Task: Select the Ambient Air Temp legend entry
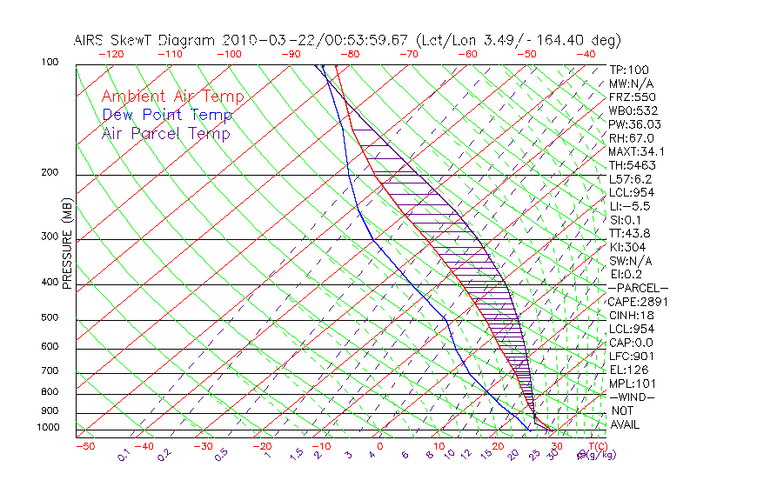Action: pos(172,97)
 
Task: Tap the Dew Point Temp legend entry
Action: pos(167,115)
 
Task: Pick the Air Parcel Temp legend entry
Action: pos(166,133)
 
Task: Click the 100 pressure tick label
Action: pos(50,63)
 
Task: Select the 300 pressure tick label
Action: pos(50,237)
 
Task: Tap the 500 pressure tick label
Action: pos(50,317)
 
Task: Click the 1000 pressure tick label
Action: pos(48,428)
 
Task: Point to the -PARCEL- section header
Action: pos(639,288)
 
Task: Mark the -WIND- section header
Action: pos(633,397)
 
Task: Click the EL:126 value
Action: pos(626,370)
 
